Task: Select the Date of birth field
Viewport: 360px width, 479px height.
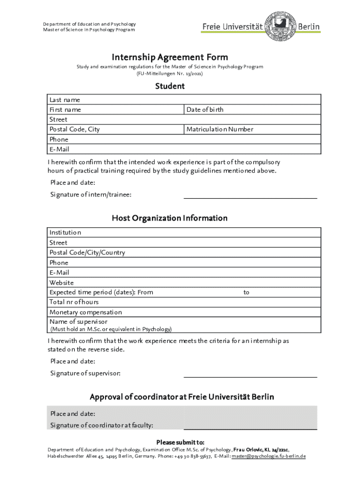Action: tap(252, 109)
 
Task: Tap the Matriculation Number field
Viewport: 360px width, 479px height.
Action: tap(252, 129)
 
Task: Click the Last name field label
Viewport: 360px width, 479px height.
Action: tap(65, 100)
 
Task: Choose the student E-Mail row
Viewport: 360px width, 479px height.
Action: tap(185, 149)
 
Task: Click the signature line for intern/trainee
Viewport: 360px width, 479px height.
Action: tap(250, 197)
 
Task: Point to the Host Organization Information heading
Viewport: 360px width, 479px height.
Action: tap(170, 218)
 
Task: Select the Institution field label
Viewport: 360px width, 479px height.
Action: tap(65, 232)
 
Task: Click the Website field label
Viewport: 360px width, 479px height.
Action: tap(62, 283)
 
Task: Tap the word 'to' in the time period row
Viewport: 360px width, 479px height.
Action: tap(246, 292)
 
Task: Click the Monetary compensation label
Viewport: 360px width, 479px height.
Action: tap(86, 312)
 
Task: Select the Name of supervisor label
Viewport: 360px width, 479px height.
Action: tap(79, 322)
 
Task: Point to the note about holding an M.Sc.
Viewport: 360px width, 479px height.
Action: tap(111, 329)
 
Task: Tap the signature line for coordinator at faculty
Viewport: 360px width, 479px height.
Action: tap(250, 428)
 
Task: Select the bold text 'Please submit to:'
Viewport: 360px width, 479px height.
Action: tap(180, 443)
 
